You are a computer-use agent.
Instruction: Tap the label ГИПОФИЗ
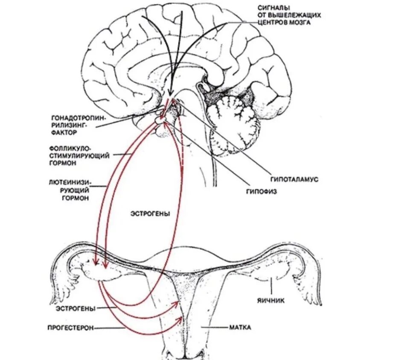click(x=262, y=192)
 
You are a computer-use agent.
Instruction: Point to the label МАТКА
click(x=240, y=328)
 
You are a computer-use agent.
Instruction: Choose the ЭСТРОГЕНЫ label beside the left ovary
click(x=75, y=308)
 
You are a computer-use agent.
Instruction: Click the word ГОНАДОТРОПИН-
click(x=79, y=117)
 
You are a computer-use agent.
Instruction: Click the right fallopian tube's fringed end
click(x=315, y=284)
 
